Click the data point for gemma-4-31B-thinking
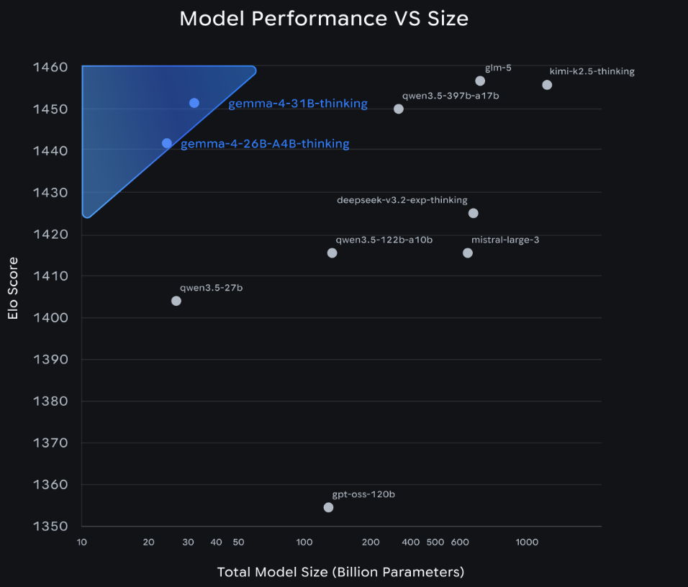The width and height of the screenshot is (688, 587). pos(194,103)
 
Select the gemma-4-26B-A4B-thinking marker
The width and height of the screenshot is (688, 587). pos(167,143)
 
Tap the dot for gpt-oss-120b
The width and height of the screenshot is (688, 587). pos(328,507)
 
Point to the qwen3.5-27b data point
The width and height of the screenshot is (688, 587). pos(176,301)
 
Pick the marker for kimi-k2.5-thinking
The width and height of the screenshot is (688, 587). pos(547,85)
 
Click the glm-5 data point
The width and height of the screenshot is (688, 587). pos(480,81)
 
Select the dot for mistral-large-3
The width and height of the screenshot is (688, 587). pos(468,252)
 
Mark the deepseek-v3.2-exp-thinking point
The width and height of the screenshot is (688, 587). pos(473,213)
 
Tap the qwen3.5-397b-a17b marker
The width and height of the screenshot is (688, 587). pos(399,109)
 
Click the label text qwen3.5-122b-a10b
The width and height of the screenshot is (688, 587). pos(384,240)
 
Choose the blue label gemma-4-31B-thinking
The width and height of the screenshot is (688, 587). pos(298,104)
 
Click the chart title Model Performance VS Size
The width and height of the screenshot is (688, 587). pos(324,19)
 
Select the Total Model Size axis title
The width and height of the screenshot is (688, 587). pos(340,573)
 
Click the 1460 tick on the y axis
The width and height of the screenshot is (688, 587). pos(50,68)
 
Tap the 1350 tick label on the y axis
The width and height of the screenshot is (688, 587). pos(50,526)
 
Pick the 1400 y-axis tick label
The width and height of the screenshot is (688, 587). pos(50,318)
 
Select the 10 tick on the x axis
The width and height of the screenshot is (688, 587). pos(82,542)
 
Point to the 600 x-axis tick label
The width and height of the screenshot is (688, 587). pos(461,542)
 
